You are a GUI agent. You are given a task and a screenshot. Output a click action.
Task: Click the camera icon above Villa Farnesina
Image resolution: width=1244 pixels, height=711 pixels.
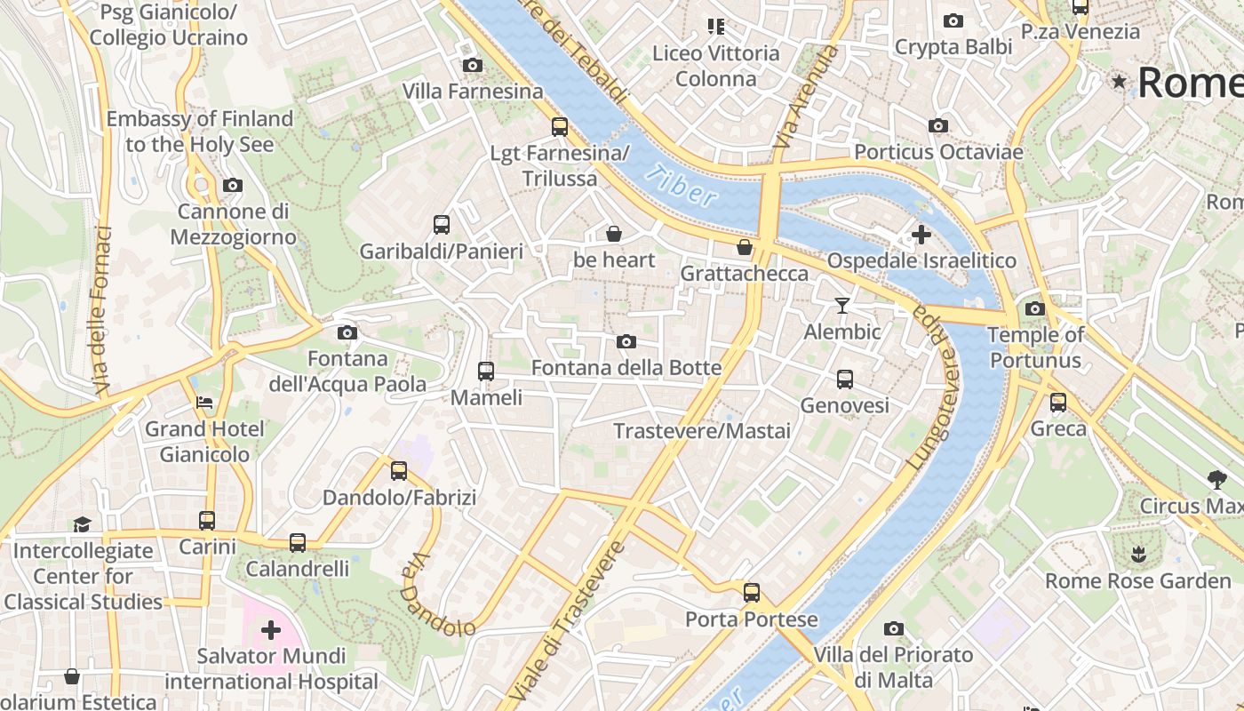473,65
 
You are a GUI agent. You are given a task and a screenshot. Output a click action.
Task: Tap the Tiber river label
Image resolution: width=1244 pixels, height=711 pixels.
681,186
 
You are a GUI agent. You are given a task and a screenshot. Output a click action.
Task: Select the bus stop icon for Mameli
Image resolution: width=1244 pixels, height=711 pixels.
486,371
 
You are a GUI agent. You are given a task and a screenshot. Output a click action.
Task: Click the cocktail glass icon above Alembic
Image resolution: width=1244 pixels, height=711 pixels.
841,306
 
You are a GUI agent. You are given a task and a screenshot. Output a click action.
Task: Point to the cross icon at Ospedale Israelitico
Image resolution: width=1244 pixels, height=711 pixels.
921,235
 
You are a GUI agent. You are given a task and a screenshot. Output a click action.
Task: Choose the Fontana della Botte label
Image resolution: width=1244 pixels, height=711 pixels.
626,367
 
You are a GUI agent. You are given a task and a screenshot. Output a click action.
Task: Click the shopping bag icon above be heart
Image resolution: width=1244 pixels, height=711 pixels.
613,234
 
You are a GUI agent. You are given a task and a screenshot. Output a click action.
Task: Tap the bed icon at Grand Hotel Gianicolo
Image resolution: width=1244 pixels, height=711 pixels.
204,403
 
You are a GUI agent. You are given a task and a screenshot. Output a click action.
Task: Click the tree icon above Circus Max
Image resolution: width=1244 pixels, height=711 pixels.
1216,480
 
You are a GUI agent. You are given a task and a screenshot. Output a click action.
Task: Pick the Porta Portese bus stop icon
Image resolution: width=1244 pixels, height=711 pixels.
752,592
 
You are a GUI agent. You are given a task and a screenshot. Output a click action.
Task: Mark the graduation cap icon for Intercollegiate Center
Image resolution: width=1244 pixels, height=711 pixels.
83,524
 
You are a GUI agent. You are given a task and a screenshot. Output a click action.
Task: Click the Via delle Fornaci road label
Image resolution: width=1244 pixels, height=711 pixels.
102,311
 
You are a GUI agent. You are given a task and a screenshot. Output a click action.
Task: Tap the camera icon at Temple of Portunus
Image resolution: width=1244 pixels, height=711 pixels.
1035,308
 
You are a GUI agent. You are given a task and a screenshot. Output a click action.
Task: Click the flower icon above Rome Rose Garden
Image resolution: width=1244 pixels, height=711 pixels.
1137,555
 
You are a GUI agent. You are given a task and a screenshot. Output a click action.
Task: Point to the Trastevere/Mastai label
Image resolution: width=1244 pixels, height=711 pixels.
702,431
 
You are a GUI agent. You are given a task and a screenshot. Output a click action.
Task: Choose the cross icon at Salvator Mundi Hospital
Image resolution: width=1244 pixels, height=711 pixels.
271,630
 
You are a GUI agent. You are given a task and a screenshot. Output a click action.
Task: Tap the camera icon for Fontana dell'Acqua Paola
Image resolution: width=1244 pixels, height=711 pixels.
347,332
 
